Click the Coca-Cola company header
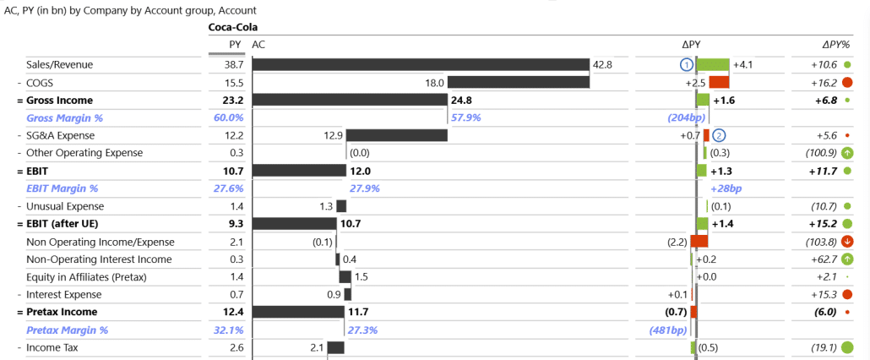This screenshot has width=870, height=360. (232, 28)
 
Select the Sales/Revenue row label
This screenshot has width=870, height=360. (59, 65)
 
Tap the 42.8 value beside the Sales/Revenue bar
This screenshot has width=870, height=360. (602, 65)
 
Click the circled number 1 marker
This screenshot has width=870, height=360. (687, 65)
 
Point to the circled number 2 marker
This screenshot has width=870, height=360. (719, 135)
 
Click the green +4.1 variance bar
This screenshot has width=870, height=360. (713, 65)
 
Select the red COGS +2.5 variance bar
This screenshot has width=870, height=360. (719, 83)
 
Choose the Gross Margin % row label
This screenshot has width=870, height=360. (64, 118)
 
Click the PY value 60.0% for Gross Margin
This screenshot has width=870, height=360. (228, 118)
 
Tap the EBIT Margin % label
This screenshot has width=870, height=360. (62, 188)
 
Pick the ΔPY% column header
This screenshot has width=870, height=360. (835, 44)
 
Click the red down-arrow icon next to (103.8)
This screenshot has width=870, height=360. (847, 242)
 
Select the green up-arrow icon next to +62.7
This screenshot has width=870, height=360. (847, 259)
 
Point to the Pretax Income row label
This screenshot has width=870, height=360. (61, 312)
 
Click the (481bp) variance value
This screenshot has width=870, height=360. (669, 330)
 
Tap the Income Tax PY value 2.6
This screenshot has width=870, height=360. (236, 347)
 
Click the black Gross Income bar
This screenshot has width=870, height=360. (349, 101)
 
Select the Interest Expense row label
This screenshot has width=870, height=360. (65, 294)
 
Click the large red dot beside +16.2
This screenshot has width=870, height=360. (847, 83)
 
